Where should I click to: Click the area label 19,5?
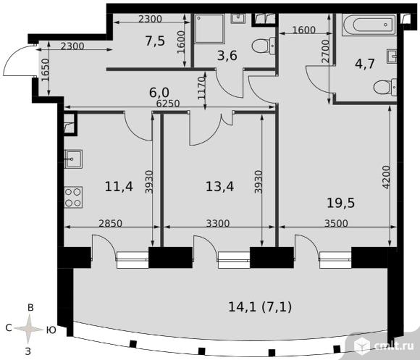341,203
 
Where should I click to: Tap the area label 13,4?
219,186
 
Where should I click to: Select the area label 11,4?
119,186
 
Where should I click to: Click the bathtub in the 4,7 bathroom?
369,25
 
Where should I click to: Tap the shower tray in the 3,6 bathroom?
209,29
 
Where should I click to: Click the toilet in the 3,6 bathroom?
264,46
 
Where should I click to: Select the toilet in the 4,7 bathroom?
385,88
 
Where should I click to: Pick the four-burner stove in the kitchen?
73,197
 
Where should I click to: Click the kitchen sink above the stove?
73,159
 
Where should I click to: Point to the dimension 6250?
168,104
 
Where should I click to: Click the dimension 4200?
386,177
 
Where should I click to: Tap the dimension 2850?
110,223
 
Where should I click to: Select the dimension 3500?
336,223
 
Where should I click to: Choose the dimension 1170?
201,88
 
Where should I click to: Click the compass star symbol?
29,329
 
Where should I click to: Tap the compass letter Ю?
51,330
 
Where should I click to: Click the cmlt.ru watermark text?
390,346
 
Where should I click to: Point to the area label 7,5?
155,41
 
